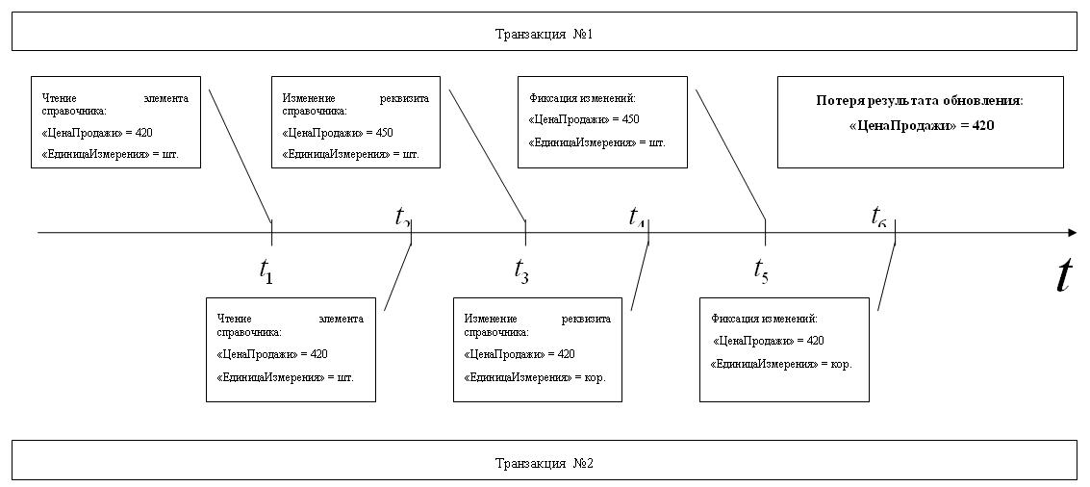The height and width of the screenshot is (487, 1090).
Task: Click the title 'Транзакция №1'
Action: [x=544, y=34]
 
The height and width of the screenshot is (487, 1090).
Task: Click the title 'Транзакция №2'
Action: [x=544, y=463]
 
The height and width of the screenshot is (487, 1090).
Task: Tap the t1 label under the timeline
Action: [x=266, y=272]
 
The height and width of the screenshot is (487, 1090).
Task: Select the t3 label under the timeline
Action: [x=521, y=272]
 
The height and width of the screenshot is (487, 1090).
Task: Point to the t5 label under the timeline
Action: [x=761, y=272]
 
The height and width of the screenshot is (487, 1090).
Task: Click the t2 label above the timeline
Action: [x=403, y=217]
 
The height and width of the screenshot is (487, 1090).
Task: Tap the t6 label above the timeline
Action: [x=879, y=217]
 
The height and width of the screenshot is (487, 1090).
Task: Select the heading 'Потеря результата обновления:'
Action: [x=920, y=100]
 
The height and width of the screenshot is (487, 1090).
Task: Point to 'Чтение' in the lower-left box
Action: [x=234, y=319]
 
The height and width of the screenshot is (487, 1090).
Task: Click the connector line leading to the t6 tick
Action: [x=886, y=278]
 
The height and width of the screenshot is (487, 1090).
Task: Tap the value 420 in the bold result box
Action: [x=980, y=125]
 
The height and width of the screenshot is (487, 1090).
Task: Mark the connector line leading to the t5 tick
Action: [x=730, y=154]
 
